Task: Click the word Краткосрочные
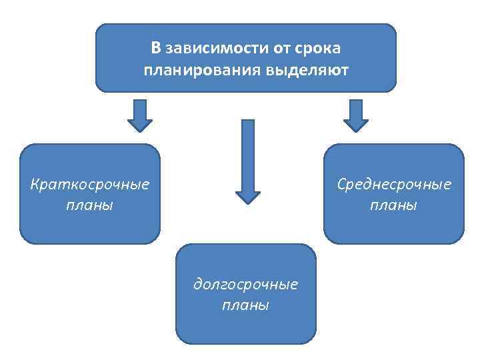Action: (90, 183)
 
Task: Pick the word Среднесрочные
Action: (394, 183)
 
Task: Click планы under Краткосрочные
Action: (90, 204)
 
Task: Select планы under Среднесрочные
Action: (394, 205)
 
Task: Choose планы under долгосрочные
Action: (245, 305)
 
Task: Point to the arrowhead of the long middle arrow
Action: (247, 197)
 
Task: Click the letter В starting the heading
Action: (156, 48)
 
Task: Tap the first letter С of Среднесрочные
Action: (341, 183)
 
